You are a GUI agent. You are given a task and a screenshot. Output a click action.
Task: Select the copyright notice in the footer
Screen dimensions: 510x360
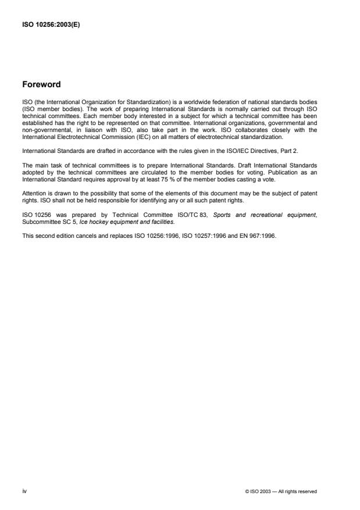[281, 491]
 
